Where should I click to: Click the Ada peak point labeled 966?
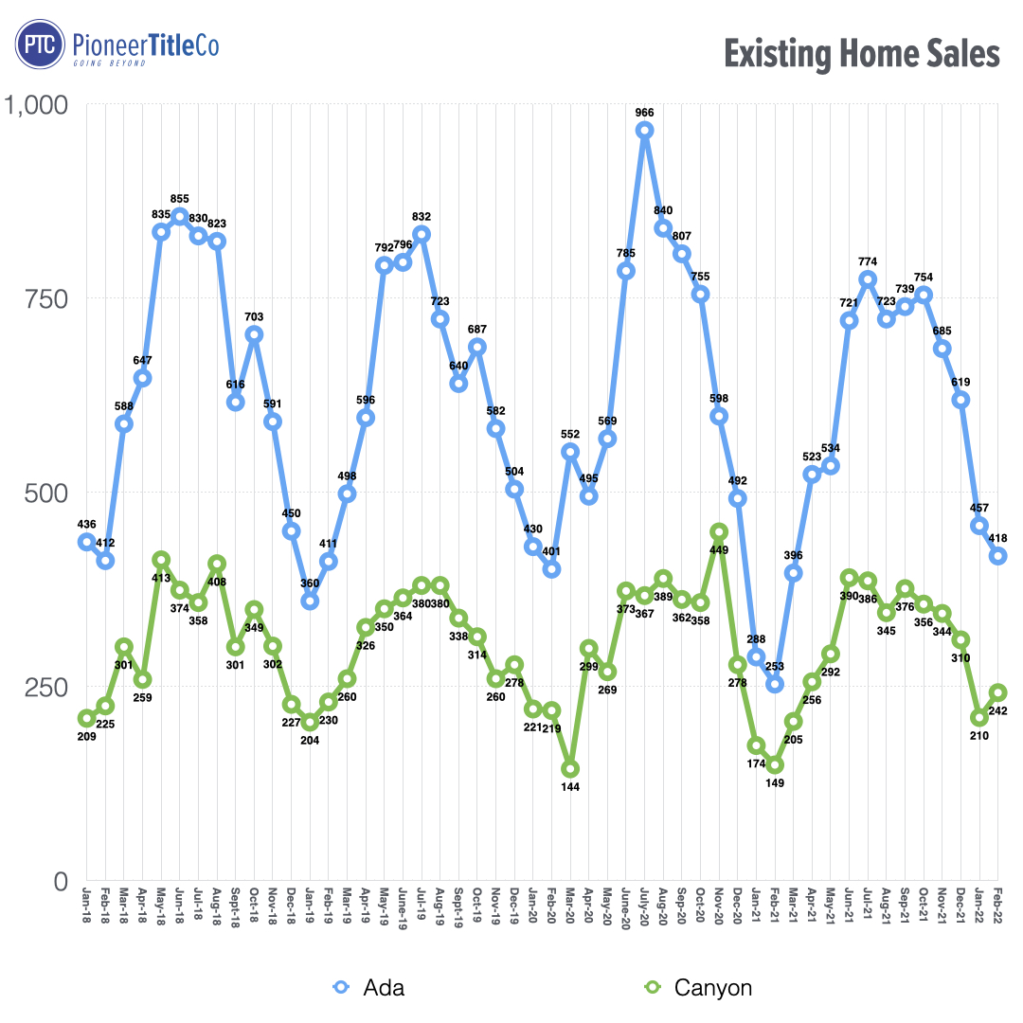click(x=644, y=131)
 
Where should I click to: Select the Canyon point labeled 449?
click(x=719, y=532)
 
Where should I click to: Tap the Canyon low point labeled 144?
click(x=570, y=769)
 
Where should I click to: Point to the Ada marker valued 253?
click(x=775, y=684)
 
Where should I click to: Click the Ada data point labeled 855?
click(x=179, y=217)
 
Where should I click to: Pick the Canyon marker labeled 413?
click(x=161, y=560)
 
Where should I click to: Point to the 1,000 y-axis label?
click(x=38, y=104)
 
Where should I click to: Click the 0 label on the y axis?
click(x=60, y=881)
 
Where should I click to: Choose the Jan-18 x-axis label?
click(x=86, y=911)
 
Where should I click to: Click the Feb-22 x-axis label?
click(x=998, y=911)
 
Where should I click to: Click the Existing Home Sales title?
click(x=862, y=54)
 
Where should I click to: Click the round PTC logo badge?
click(x=40, y=45)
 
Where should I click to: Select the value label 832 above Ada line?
click(x=422, y=217)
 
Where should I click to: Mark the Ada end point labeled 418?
click(x=997, y=556)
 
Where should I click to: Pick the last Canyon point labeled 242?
click(x=997, y=692)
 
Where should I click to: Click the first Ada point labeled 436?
click(x=86, y=541)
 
